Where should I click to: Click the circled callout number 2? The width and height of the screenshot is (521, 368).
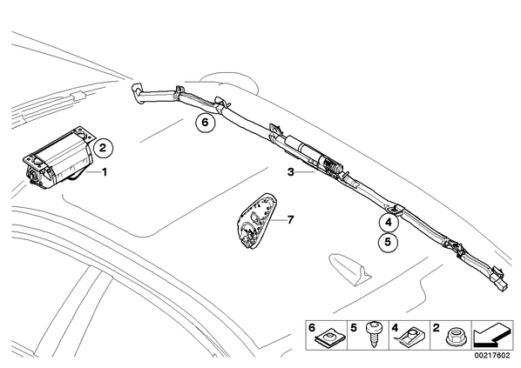[103, 147]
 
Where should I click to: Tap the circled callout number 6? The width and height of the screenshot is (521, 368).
[205, 123]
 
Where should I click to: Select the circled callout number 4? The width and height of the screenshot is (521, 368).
[389, 223]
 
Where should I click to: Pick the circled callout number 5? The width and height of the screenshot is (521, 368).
[388, 242]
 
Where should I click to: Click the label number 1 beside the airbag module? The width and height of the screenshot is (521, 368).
[105, 172]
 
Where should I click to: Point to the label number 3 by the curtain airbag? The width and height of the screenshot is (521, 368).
[291, 172]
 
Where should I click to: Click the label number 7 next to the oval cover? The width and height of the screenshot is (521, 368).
[290, 220]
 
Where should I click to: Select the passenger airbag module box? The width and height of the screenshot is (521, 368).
[58, 159]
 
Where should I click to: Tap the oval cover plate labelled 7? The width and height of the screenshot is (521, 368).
[258, 220]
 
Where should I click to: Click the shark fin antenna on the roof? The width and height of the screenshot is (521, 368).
[348, 270]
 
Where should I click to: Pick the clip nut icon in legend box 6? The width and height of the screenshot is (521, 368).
[330, 338]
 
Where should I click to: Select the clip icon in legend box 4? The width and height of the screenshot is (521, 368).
[411, 335]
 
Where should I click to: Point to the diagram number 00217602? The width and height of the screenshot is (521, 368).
[491, 356]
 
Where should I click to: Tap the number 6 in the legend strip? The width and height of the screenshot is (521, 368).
[312, 327]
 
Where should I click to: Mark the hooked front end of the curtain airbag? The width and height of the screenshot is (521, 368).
[137, 94]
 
